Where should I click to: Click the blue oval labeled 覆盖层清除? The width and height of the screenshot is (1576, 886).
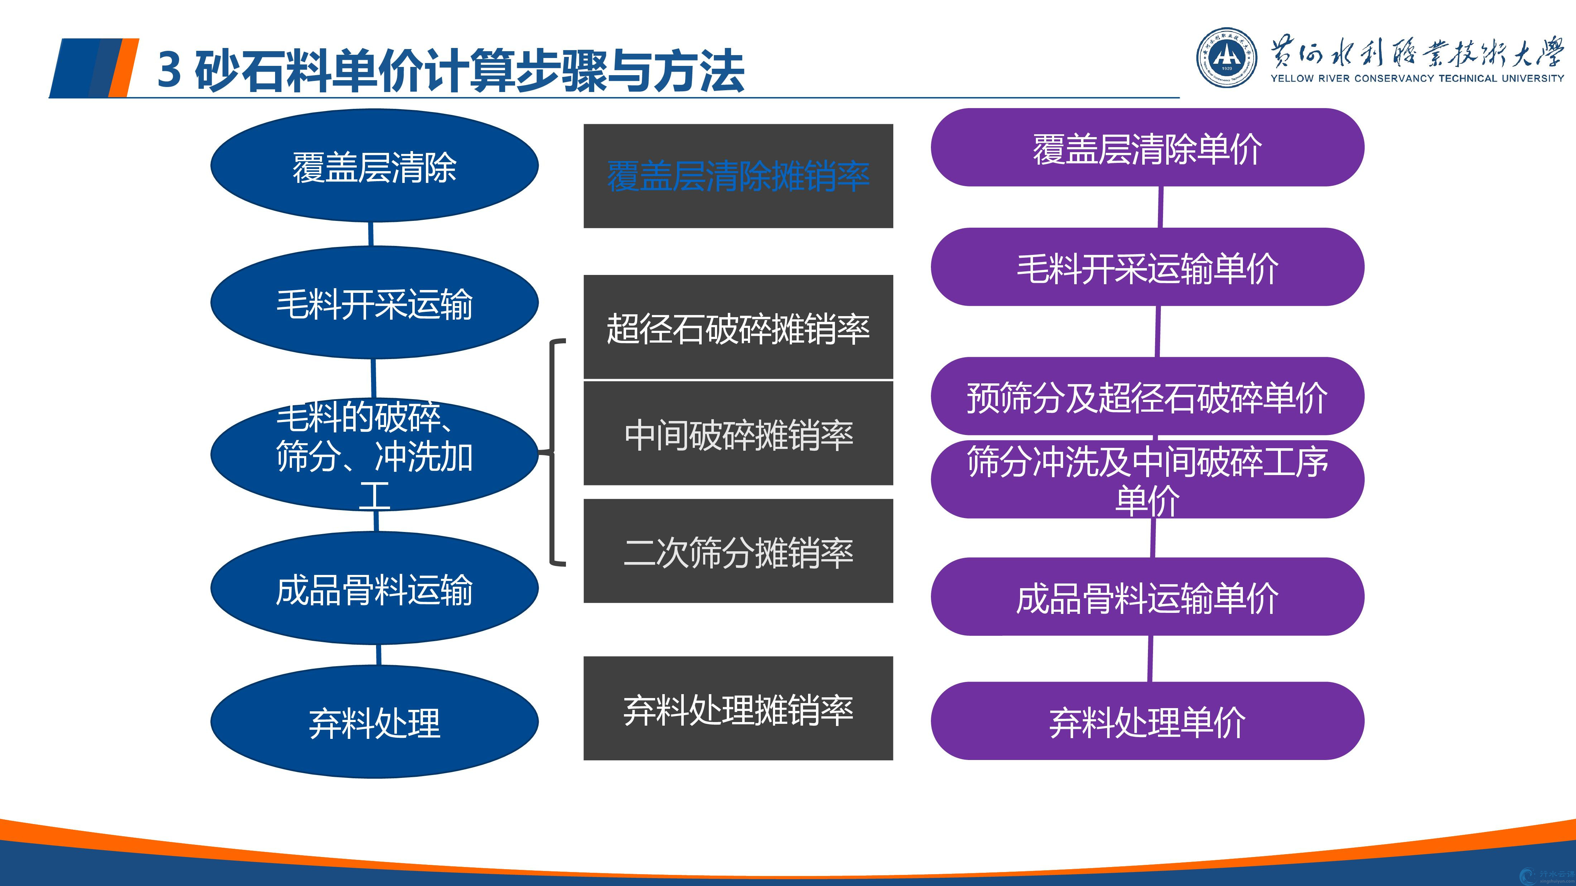click(374, 166)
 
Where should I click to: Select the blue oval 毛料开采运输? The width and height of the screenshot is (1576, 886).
click(374, 302)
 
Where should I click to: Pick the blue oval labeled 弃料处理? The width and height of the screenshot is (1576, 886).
click(374, 722)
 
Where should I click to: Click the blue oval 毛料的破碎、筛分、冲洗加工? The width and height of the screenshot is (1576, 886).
click(374, 454)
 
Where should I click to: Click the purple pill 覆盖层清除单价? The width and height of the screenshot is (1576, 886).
click(1148, 147)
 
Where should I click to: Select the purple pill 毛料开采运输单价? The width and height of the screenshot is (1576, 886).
click(1148, 267)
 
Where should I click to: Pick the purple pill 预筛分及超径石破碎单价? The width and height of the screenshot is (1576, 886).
click(1148, 396)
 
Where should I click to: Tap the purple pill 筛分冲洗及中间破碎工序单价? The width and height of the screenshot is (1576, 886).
click(1148, 479)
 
